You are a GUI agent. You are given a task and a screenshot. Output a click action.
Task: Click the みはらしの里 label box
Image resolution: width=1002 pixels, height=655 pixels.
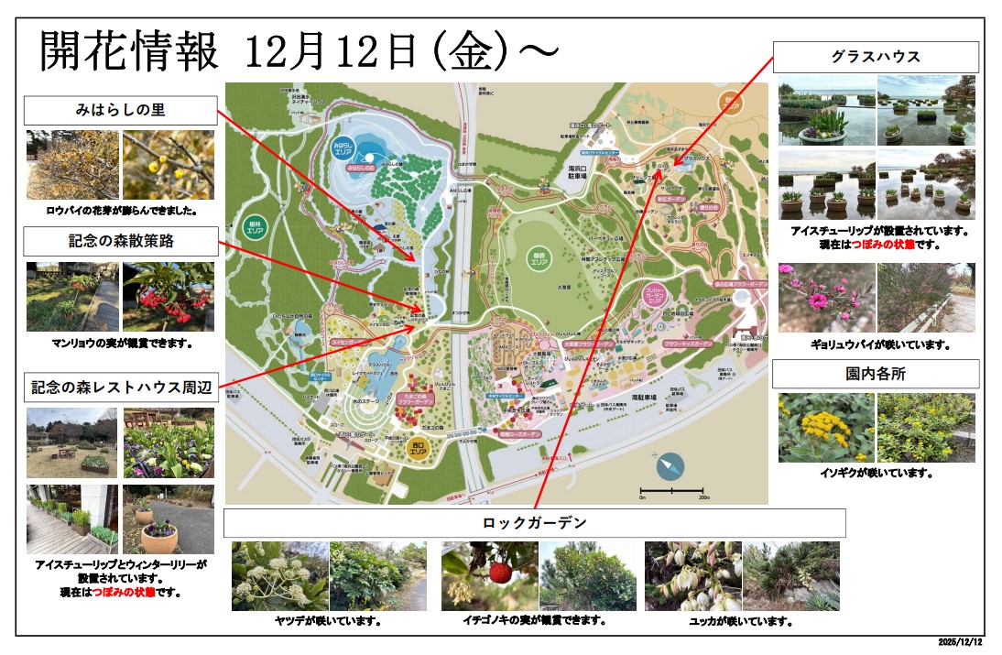[120, 111]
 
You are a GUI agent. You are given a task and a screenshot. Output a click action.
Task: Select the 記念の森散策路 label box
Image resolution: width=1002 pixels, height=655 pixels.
[120, 242]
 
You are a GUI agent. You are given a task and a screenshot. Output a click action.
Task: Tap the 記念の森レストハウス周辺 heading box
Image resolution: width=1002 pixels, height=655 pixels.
[120, 388]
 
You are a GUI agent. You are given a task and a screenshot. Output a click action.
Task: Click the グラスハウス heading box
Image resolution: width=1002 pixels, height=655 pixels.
[876, 57]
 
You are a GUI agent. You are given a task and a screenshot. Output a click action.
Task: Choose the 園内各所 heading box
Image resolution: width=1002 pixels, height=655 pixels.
[876, 374]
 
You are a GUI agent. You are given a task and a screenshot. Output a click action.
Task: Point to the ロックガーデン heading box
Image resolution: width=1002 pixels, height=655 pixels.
[535, 523]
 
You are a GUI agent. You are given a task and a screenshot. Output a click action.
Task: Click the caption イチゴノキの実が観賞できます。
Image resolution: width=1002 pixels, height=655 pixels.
[535, 620]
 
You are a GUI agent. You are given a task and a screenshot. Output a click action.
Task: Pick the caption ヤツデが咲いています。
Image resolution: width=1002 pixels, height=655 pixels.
[329, 621]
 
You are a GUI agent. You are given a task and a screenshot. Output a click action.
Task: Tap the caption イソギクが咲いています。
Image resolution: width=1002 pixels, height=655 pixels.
[876, 474]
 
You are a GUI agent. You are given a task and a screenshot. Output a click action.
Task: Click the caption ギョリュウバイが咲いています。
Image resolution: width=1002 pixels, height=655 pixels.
[876, 345]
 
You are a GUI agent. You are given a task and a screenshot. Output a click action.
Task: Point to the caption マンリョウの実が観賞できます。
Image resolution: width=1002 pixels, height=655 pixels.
[120, 344]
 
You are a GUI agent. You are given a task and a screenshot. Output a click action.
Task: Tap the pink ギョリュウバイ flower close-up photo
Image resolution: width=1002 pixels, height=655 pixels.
[826, 298]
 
